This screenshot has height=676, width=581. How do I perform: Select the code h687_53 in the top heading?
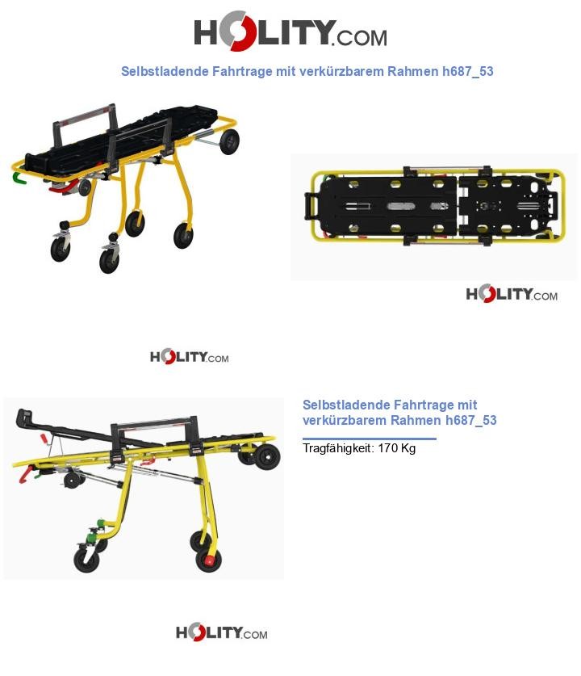tap(468, 71)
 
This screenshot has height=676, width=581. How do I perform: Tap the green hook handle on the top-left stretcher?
tap(18, 178)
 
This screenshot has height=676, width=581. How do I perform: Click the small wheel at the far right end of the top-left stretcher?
tap(229, 142)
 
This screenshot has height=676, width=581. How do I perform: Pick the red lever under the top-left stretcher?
tap(64, 187)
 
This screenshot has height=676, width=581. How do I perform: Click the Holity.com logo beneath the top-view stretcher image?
tap(512, 294)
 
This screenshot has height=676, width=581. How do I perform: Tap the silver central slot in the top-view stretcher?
tap(399, 206)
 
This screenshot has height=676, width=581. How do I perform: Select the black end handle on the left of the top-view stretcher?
tap(310, 206)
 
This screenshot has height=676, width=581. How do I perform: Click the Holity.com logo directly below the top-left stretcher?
tap(189, 356)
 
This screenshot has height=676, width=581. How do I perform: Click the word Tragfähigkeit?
tap(337, 448)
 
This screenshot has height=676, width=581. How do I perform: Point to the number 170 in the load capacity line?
tap(387, 448)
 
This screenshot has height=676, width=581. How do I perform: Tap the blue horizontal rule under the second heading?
tap(370, 439)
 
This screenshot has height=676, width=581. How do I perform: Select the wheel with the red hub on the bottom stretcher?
tap(209, 560)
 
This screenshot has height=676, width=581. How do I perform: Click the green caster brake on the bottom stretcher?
tap(92, 537)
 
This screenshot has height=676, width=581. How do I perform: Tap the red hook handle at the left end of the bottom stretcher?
tap(25, 474)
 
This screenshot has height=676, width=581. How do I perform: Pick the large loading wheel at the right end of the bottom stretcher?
tap(267, 457)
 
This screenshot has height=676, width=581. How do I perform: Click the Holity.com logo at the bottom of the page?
tap(221, 632)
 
